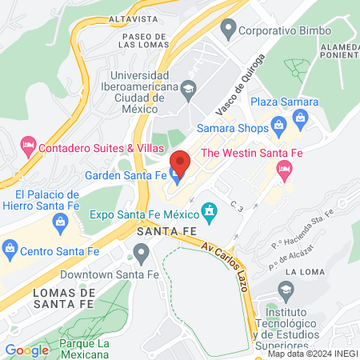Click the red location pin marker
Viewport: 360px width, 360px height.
pyautogui.click(x=180, y=162)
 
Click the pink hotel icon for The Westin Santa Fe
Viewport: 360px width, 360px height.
pyautogui.click(x=283, y=169)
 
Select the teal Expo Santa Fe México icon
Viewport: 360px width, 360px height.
pyautogui.click(x=210, y=213)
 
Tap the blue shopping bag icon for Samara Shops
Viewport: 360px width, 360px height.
pyautogui.click(x=278, y=124)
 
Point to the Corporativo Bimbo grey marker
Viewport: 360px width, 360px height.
pyautogui.click(x=229, y=32)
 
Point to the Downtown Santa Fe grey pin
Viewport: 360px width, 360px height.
pyautogui.click(x=142, y=254)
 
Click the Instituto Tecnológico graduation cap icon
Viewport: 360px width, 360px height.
pyautogui.click(x=285, y=289)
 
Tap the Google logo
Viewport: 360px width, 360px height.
pyautogui.click(x=26, y=350)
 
